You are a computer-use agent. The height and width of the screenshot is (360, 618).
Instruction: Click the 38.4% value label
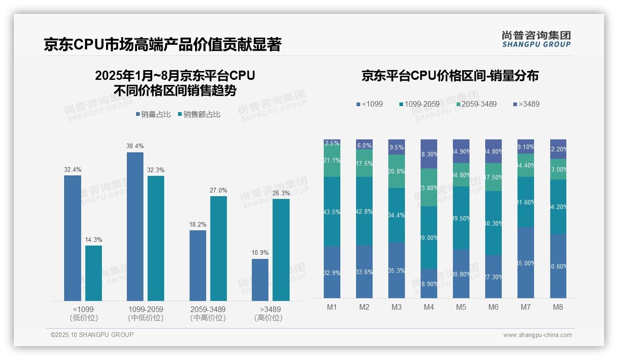pyautogui.click(x=135, y=146)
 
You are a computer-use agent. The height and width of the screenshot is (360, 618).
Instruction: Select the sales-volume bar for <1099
pyautogui.click(x=72, y=238)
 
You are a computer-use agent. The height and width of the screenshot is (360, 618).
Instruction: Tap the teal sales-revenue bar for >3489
pyautogui.click(x=281, y=249)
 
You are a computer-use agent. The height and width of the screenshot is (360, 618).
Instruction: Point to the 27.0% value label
pyautogui.click(x=219, y=190)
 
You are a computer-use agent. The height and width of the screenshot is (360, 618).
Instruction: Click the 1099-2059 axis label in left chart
pyautogui.click(x=146, y=309)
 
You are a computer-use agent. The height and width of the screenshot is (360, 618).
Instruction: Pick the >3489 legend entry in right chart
pyautogui.click(x=525, y=104)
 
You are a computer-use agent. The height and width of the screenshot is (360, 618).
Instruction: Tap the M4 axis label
pyautogui.click(x=429, y=307)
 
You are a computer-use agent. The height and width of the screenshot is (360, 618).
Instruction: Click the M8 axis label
pyautogui.click(x=558, y=307)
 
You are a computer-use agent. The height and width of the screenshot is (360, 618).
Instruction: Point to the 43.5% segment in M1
pyautogui.click(x=332, y=211)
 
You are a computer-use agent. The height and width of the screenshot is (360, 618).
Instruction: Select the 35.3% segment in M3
pyautogui.click(x=397, y=270)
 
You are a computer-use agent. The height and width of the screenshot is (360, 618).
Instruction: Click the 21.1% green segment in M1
pyautogui.click(x=332, y=161)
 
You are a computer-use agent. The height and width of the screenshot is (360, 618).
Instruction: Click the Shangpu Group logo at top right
pyautogui.click(x=536, y=39)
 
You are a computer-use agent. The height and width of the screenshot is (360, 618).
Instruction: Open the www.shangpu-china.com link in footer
pyautogui.click(x=537, y=335)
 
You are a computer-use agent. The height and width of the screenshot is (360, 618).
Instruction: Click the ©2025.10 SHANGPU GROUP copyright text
pyautogui.click(x=92, y=335)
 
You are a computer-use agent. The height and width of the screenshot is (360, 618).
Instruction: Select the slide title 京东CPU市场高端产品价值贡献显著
pyautogui.click(x=162, y=44)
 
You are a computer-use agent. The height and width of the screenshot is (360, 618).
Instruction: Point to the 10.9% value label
pyautogui.click(x=260, y=253)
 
